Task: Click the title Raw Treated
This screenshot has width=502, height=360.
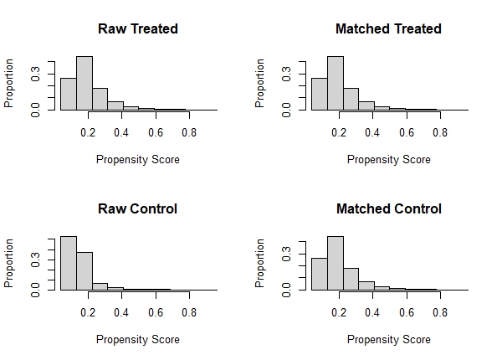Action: [138, 28]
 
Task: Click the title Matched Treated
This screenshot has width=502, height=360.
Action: [388, 28]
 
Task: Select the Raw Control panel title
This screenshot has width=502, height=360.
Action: [138, 208]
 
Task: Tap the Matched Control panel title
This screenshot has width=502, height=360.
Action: [388, 208]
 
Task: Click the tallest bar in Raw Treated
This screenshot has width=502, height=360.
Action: [84, 83]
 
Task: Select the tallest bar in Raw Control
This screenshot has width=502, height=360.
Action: [68, 263]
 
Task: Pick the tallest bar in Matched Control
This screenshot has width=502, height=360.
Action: [336, 263]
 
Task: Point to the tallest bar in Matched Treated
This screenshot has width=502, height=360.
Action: [336, 83]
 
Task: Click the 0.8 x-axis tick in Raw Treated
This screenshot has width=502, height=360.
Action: [188, 132]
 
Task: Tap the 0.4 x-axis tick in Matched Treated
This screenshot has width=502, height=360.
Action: [372, 132]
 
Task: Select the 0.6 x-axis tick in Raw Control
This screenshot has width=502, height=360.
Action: [155, 312]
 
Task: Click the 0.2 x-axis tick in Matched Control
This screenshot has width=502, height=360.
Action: [339, 312]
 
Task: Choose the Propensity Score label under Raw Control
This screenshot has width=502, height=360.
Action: [138, 340]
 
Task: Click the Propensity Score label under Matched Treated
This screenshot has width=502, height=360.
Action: [388, 160]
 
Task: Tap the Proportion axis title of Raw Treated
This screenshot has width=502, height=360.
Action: [10, 83]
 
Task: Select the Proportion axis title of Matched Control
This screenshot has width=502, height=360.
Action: [260, 263]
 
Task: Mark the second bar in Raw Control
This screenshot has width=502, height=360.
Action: [84, 270]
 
